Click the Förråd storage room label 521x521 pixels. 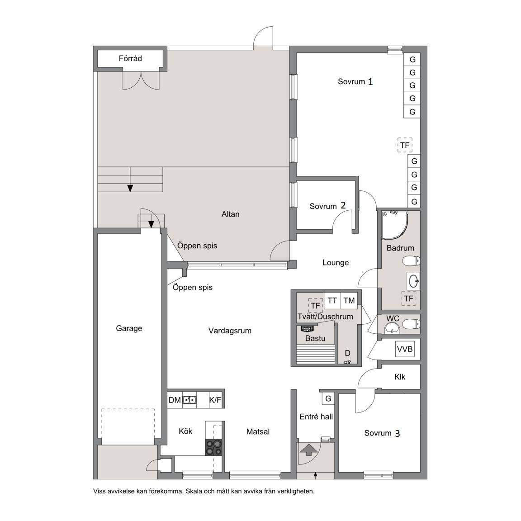click(x=130, y=58)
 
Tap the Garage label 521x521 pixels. click(x=129, y=328)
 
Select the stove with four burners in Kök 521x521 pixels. click(x=214, y=447)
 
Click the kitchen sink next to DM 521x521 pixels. click(x=190, y=400)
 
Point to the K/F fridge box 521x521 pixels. click(x=215, y=400)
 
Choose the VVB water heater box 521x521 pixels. click(x=405, y=349)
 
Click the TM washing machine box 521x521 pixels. click(x=349, y=301)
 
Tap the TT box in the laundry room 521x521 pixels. click(x=332, y=301)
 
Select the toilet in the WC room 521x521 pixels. click(x=412, y=324)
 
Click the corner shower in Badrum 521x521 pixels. click(x=394, y=224)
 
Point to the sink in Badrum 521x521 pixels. click(x=413, y=281)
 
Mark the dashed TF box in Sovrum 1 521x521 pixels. click(x=405, y=145)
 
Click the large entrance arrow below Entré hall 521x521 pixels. click(x=309, y=449)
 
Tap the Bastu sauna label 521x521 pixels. click(x=315, y=338)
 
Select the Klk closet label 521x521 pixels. click(x=400, y=377)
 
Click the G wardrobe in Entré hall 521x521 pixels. click(x=328, y=398)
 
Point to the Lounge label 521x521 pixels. click(x=336, y=262)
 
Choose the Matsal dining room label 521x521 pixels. click(x=258, y=431)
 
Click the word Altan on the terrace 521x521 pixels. click(x=230, y=214)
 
